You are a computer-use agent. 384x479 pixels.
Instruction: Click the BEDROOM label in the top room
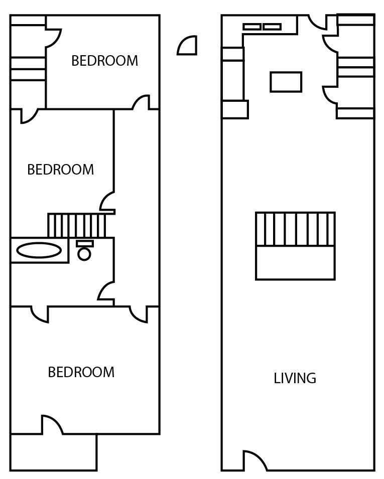coord(104,61)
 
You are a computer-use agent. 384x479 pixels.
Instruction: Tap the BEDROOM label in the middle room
coord(60,170)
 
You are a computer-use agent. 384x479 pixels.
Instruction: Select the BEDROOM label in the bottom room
coord(81,372)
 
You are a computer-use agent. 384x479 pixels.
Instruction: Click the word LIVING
coord(295,378)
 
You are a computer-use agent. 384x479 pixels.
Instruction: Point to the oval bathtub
coord(39,250)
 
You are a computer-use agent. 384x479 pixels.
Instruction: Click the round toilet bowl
coord(84,254)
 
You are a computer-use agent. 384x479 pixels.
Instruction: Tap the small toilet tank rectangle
coord(84,243)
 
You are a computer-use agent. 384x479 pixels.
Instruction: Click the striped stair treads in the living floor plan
coord(295,229)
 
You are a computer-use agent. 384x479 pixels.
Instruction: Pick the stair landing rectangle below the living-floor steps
coord(295,262)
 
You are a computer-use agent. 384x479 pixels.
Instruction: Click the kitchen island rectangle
coord(286,82)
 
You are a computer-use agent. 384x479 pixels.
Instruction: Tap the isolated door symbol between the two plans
coord(188,46)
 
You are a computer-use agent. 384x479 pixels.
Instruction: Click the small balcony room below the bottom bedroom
coord(53,452)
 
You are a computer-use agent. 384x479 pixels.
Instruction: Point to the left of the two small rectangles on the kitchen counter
coord(252,27)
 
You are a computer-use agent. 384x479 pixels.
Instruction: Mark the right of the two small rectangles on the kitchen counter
coord(272,27)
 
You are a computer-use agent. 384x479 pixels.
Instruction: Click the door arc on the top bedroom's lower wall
coord(142,102)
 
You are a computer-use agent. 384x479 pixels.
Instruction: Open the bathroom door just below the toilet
coord(106,291)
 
